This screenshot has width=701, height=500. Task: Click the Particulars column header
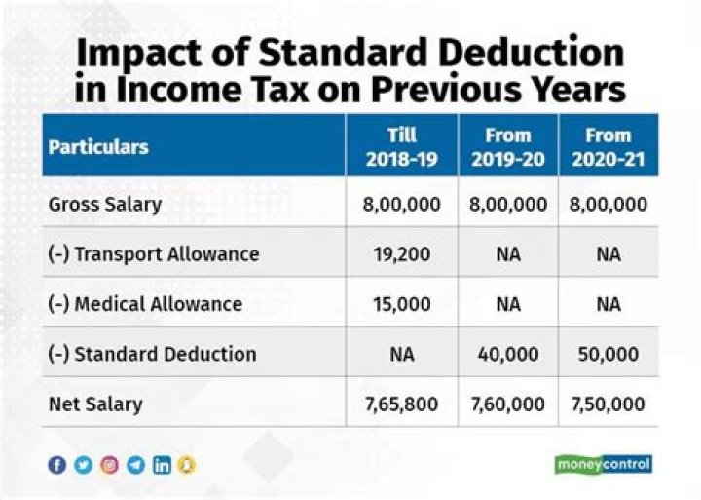[x=98, y=147]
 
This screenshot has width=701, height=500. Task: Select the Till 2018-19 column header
[x=401, y=147]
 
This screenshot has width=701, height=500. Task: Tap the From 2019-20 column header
[x=507, y=147]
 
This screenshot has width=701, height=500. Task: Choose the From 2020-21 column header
[x=609, y=147]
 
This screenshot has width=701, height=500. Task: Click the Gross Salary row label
[x=105, y=205]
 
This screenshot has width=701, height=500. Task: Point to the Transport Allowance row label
[x=154, y=254]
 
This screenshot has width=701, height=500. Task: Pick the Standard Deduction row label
[x=152, y=354]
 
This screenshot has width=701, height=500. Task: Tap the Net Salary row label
[x=95, y=404]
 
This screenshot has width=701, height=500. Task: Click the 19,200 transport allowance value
[x=401, y=254]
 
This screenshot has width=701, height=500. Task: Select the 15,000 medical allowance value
[x=401, y=304]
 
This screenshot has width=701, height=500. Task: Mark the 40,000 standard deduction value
[x=507, y=354]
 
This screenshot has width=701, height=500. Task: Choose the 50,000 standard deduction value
[x=609, y=354]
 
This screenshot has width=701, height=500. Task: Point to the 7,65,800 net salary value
[x=401, y=404]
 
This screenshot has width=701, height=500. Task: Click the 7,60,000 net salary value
[x=507, y=404]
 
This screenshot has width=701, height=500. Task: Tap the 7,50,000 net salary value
[x=609, y=404]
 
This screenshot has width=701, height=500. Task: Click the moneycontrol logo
[x=603, y=464]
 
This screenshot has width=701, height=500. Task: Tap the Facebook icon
[x=57, y=465]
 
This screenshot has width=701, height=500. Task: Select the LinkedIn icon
[x=162, y=465]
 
